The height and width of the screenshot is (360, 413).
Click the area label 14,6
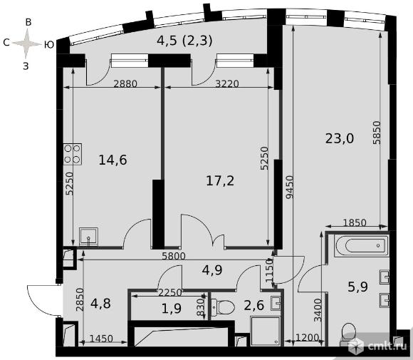pyautogui.click(x=113, y=160)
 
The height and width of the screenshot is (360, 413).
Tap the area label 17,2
pyautogui.click(x=220, y=181)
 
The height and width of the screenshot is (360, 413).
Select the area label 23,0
pyautogui.click(x=339, y=138)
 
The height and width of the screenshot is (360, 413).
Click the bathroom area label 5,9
pyautogui.click(x=357, y=287)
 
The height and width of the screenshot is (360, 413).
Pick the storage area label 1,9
pyautogui.click(x=172, y=308)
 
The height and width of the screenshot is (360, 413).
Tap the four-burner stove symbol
pyautogui.click(x=73, y=154)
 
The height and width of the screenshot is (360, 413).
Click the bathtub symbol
pyautogui.click(x=362, y=246)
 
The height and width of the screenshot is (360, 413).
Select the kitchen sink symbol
pyautogui.click(x=88, y=237)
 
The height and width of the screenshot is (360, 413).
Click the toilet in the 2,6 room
pyautogui.click(x=223, y=307)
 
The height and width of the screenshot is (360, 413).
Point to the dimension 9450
pyautogui.click(x=290, y=187)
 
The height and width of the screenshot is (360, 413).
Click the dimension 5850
pyautogui.click(x=377, y=133)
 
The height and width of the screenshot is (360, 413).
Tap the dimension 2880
pyautogui.click(x=125, y=84)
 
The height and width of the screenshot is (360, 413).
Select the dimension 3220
pyautogui.click(x=227, y=84)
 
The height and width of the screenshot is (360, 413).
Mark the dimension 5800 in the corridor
pyautogui.click(x=174, y=256)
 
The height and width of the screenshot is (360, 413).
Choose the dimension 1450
pyautogui.click(x=101, y=339)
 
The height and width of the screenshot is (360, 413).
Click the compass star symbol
pyautogui.click(x=26, y=43)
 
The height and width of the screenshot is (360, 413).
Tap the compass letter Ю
pyautogui.click(x=49, y=45)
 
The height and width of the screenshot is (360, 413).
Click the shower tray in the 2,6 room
pyautogui.click(x=266, y=331)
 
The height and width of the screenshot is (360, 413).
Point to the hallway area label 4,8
pyautogui.click(x=100, y=303)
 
